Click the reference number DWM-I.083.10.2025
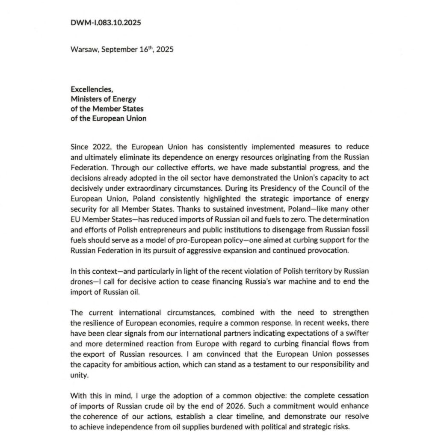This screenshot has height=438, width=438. (x=106, y=23)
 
